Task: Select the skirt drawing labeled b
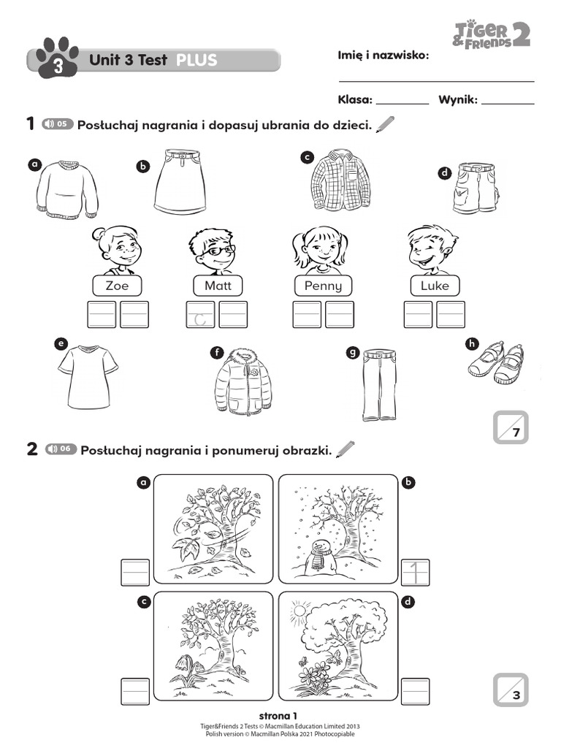pos(180,182)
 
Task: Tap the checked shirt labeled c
pos(340,179)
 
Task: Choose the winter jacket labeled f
pos(244,381)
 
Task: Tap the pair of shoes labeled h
pos(497,363)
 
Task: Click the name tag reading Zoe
pos(117,286)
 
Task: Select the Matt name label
pos(218,286)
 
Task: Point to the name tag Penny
pos(323,286)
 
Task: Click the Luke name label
pos(435,286)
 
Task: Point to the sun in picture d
pos(299,609)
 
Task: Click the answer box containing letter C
pos(201,315)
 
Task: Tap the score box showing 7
pos(511,427)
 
